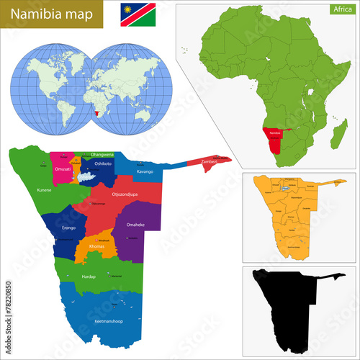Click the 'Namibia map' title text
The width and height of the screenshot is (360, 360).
tap(45, 15)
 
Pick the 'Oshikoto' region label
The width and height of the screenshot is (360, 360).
tap(103, 163)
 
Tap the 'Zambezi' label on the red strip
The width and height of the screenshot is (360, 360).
tap(210, 161)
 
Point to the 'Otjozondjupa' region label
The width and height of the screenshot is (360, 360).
tap(126, 194)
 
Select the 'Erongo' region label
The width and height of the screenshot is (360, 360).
tap(69, 228)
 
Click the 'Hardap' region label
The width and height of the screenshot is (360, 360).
tap(89, 276)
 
